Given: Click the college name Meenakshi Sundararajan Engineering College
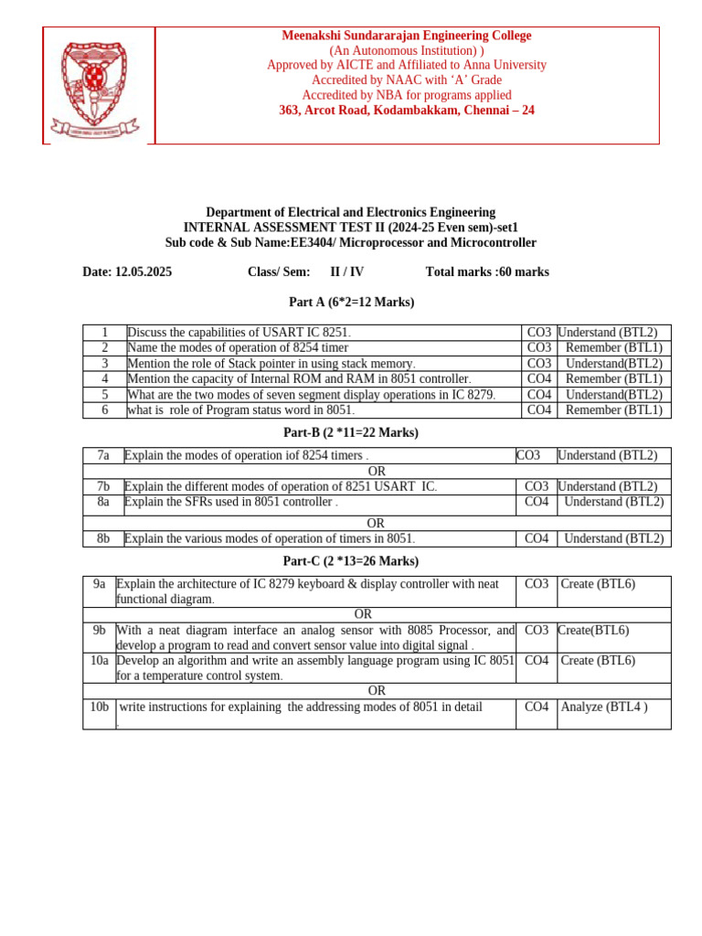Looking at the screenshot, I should tap(407, 36).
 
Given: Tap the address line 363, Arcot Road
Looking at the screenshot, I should tap(407, 111).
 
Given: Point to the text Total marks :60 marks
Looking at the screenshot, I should tap(487, 271).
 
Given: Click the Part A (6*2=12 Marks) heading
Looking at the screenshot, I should tap(351, 302).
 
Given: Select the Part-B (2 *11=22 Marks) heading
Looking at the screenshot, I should tap(351, 432).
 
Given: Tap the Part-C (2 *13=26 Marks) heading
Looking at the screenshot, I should tap(351, 560).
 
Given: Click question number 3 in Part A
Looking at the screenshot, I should tap(105, 363).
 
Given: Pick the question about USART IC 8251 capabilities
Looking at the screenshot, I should tap(239, 333).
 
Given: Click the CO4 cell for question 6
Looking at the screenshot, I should tap(539, 410).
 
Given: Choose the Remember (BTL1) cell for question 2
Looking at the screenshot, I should tap(613, 348).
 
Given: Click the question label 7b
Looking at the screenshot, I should tap(103, 487).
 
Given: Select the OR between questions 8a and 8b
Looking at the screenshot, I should tap(376, 523).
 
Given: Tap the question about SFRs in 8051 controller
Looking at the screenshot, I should tap(231, 502).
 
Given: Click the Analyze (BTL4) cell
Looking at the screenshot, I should tap(604, 707).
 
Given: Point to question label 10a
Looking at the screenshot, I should tap(100, 661).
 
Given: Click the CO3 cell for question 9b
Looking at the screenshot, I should tap(537, 630).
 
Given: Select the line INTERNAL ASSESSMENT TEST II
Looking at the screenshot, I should tap(351, 228).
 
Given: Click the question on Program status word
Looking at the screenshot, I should tap(240, 410).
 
